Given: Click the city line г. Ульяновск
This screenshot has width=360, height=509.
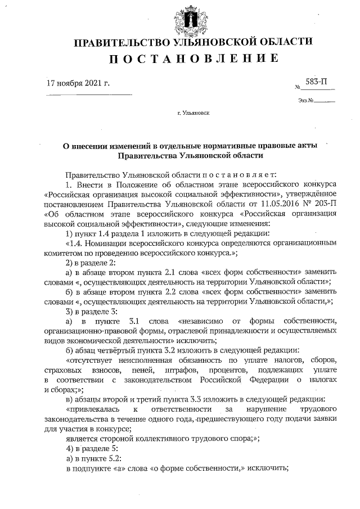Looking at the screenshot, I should (193, 113).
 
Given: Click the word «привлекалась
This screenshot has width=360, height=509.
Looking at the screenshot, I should (92, 408).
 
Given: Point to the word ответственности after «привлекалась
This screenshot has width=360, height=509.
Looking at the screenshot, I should (181, 408).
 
